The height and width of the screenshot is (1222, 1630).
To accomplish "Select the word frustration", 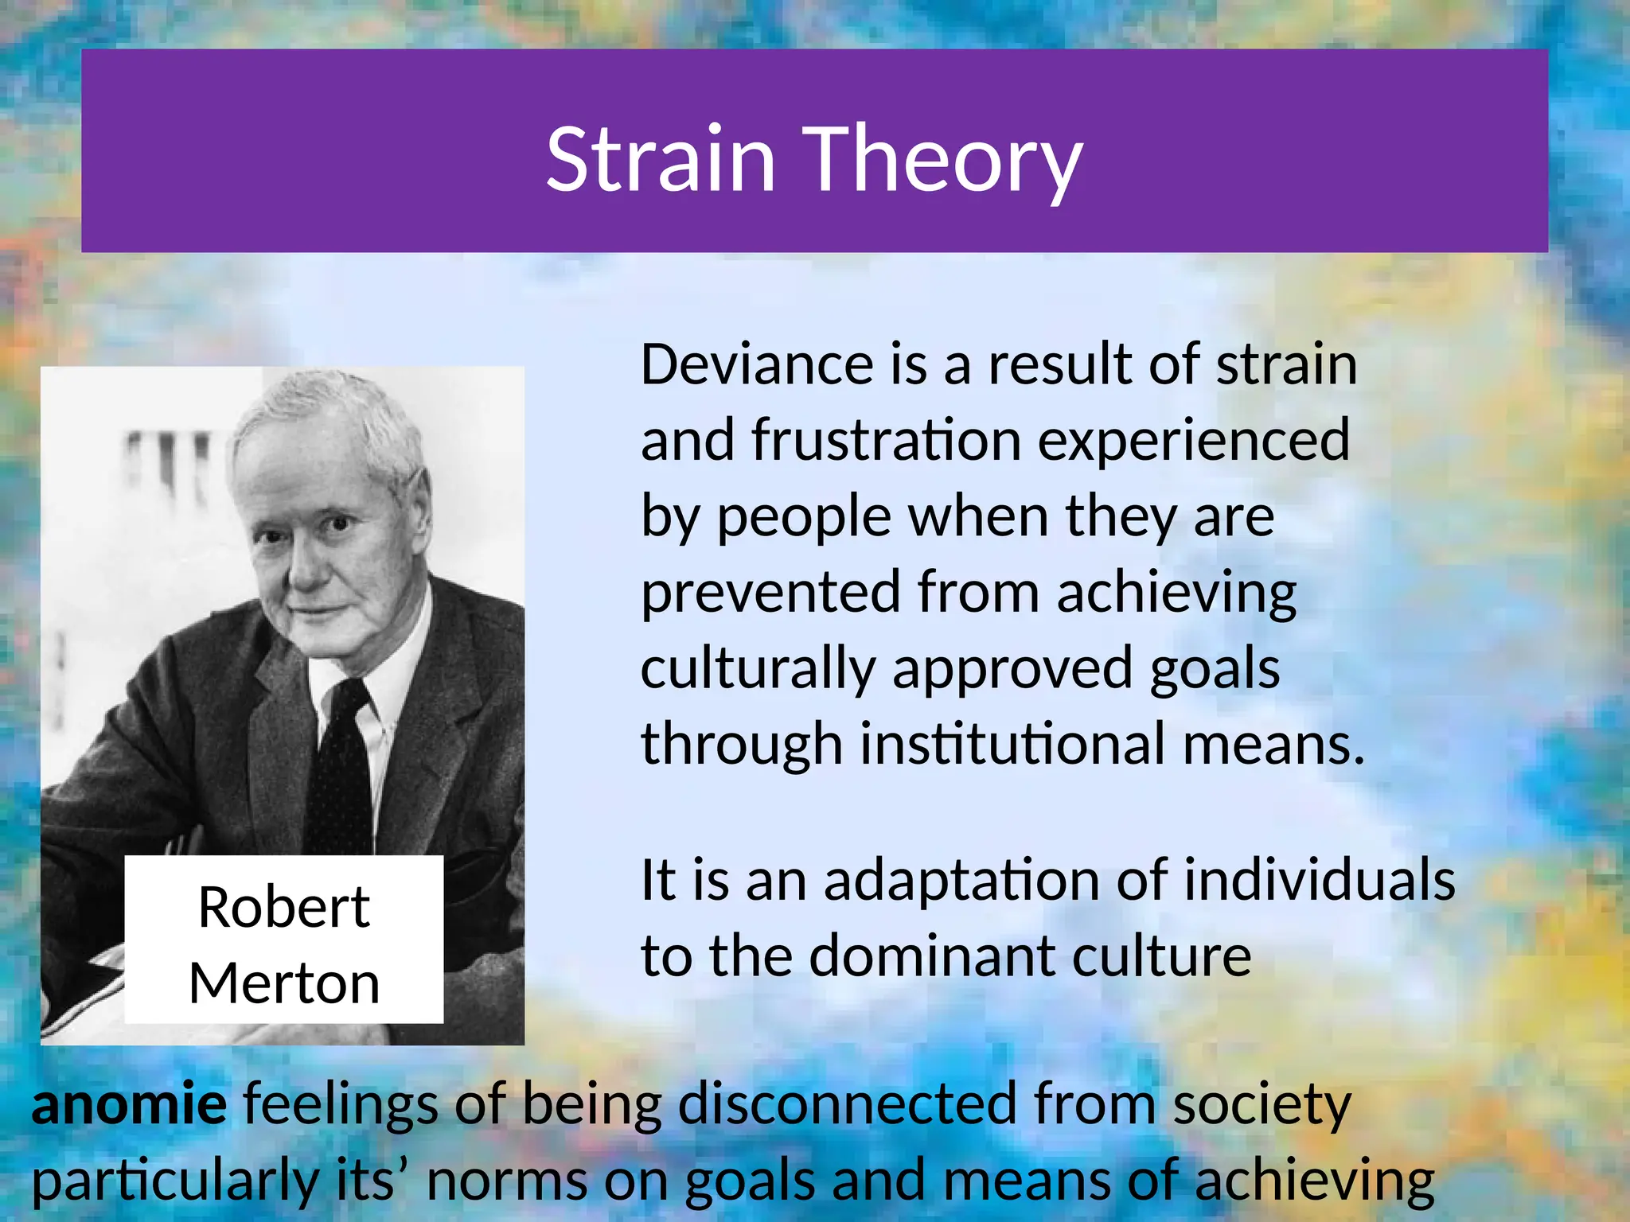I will [886, 440].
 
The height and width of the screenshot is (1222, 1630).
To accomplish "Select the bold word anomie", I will [129, 1104].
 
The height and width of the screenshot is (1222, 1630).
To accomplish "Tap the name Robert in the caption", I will [284, 907].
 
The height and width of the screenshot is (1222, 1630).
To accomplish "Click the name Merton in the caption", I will [284, 983].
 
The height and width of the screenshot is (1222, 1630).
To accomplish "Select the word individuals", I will [1319, 880].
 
